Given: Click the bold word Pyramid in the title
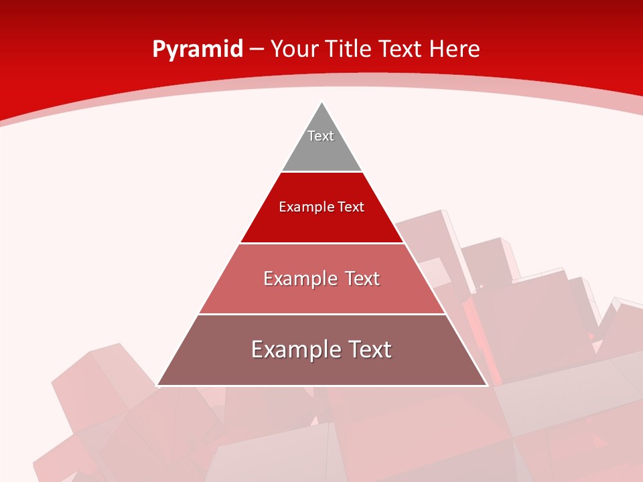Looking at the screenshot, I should pos(197,50).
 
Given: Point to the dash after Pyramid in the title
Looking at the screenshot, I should pos(256,50).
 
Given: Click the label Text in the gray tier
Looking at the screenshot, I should pos(321,136).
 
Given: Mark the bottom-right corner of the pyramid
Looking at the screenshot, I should pos(487,385).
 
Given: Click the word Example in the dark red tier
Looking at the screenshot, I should pos(304,207).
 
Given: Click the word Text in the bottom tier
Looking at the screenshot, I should pos(367,349).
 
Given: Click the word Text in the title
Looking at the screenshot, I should pos(401,50).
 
